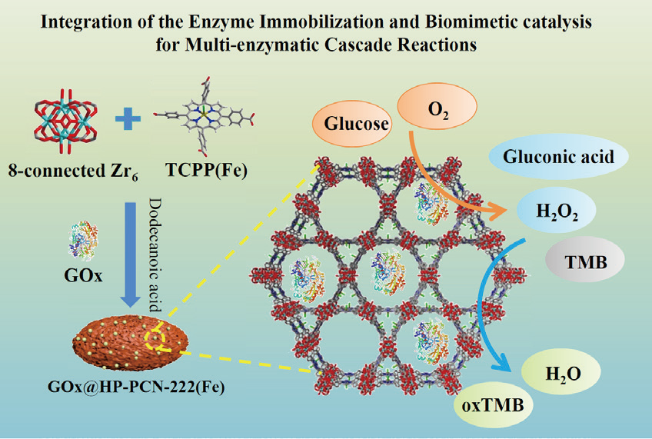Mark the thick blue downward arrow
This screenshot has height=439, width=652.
(131, 254)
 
